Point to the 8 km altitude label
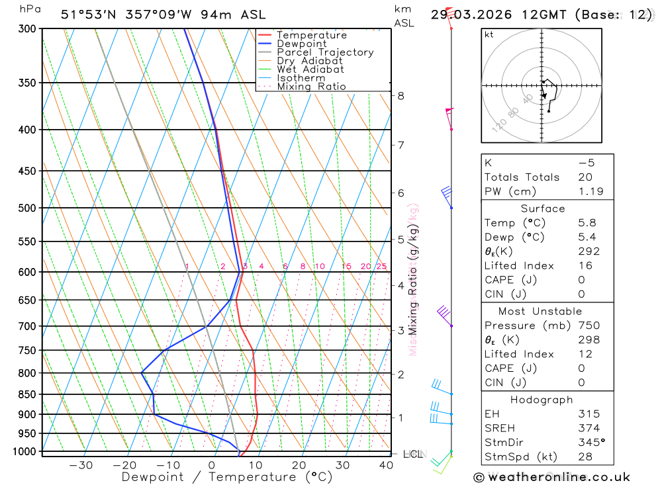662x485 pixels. tap(401, 95)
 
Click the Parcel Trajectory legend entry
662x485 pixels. tap(325, 52)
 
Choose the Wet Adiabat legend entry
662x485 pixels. tap(310, 69)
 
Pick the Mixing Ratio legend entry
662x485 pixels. tap(311, 87)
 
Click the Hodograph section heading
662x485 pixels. tap(542, 400)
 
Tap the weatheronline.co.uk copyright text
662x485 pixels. tap(551, 477)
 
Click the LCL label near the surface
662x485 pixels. tap(413, 455)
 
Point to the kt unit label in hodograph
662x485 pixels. tap(489, 34)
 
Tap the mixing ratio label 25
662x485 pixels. tap(381, 267)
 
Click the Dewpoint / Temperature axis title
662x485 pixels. tap(226, 477)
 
